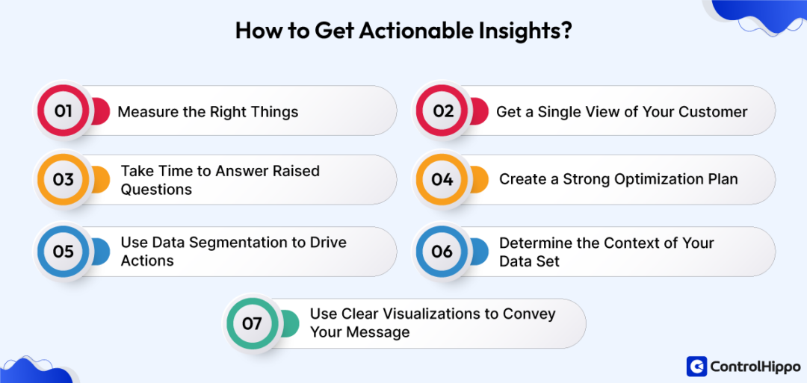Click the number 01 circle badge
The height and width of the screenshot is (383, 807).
[x=63, y=111]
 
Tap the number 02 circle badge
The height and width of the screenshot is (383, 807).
[x=443, y=111]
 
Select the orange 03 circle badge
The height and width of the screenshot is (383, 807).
[x=63, y=180]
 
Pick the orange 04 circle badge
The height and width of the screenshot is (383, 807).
[x=442, y=180]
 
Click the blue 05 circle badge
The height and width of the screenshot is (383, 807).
[x=63, y=252]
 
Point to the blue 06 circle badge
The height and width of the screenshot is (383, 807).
[x=442, y=252]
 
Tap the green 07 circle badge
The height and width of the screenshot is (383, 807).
[x=252, y=323]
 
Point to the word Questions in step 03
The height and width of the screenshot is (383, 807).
[x=156, y=190]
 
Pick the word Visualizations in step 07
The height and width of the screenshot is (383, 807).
[x=424, y=314]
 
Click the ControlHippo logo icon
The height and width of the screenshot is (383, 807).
[x=696, y=366]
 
